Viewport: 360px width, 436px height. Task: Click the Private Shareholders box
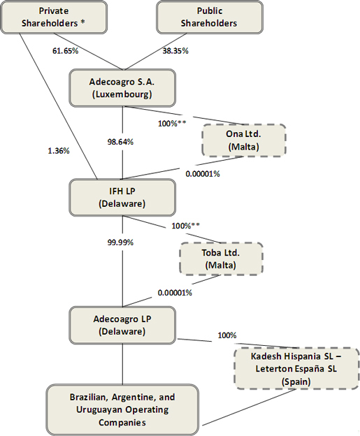click(54, 17)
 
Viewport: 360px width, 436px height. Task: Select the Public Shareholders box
click(210, 17)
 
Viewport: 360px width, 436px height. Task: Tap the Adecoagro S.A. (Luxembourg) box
click(122, 88)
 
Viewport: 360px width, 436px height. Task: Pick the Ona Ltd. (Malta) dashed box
click(244, 140)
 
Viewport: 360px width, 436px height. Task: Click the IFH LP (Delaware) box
click(122, 198)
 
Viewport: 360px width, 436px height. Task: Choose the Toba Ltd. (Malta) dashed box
click(221, 259)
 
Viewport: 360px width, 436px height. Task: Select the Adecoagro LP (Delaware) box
click(122, 325)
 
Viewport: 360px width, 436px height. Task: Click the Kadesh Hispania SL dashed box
click(296, 368)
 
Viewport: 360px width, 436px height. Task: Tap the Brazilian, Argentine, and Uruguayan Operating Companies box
click(122, 409)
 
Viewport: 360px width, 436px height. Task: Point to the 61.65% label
click(66, 50)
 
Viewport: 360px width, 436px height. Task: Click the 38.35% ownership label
click(175, 50)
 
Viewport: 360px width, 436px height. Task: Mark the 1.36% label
click(59, 151)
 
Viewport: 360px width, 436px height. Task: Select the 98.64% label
click(120, 142)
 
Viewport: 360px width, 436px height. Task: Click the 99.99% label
click(120, 242)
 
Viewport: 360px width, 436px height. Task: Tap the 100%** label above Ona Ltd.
click(172, 124)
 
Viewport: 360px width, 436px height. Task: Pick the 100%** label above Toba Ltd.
click(185, 226)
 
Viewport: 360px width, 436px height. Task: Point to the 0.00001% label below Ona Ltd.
click(203, 174)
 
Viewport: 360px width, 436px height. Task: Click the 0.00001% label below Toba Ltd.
click(175, 293)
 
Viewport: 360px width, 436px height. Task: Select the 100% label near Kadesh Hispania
click(227, 335)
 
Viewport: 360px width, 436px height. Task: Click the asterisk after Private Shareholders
click(83, 22)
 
